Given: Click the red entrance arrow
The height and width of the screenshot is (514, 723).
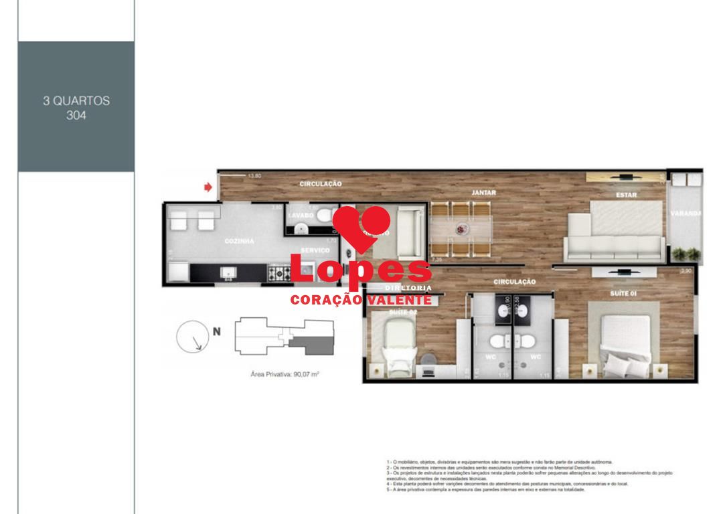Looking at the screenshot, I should pyautogui.click(x=208, y=187).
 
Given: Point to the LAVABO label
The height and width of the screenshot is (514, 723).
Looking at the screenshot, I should pyautogui.click(x=301, y=216).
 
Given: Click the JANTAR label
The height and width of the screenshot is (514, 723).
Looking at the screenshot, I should pyautogui.click(x=483, y=193).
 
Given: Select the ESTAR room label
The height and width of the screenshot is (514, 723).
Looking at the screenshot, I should pyautogui.click(x=627, y=195).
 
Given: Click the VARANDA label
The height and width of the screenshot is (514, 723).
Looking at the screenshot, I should pyautogui.click(x=686, y=214).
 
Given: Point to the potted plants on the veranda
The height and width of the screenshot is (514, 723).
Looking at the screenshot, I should pyautogui.click(x=686, y=254).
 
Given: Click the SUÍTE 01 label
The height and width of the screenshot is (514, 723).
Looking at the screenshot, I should pyautogui.click(x=623, y=292).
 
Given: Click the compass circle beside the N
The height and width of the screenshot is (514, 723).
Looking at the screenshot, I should pyautogui.click(x=193, y=337).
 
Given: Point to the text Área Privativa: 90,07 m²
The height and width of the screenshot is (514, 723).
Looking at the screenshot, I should pyautogui.click(x=284, y=374).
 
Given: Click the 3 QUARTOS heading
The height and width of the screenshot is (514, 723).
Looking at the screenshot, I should pyautogui.click(x=76, y=101).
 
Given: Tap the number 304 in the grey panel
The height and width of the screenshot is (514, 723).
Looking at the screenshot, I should pyautogui.click(x=76, y=115).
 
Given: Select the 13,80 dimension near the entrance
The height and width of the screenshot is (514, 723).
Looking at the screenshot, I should pyautogui.click(x=254, y=176).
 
